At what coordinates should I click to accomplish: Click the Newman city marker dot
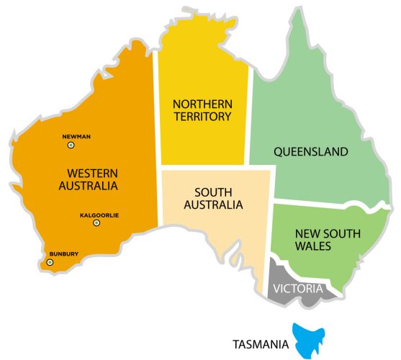click(71, 145)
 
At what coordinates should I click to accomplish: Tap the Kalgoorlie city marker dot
click(96, 223)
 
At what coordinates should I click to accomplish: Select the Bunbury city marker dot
click(50, 262)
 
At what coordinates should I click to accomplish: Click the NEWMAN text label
click(76, 136)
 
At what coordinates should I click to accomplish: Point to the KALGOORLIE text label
click(99, 215)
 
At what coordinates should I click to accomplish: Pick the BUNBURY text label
click(63, 253)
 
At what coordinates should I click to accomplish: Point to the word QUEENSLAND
click(311, 152)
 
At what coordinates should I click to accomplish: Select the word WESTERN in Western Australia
click(92, 173)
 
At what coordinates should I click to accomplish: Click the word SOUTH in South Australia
click(213, 192)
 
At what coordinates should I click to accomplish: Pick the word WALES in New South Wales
click(312, 246)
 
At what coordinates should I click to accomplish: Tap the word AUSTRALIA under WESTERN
click(88, 186)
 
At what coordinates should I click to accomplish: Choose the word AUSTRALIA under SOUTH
click(213, 204)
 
